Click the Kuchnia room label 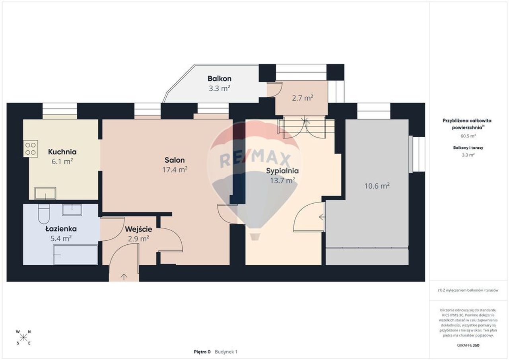(x=62, y=152)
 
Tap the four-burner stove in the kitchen (x=31, y=149)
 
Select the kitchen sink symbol (x=45, y=193)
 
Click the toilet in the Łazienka (x=44, y=214)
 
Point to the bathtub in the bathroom (x=76, y=255)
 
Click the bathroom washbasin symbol (x=72, y=210)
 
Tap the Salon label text (x=175, y=160)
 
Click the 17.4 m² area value (x=175, y=169)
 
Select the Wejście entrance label (x=138, y=229)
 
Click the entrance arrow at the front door (x=124, y=276)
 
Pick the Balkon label (x=220, y=79)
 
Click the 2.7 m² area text (x=303, y=98)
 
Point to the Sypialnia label (x=282, y=171)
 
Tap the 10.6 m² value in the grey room (x=377, y=186)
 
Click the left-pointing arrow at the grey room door (x=322, y=217)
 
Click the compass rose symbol (x=23, y=338)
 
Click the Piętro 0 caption (x=202, y=352)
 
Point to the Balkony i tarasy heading (x=468, y=148)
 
